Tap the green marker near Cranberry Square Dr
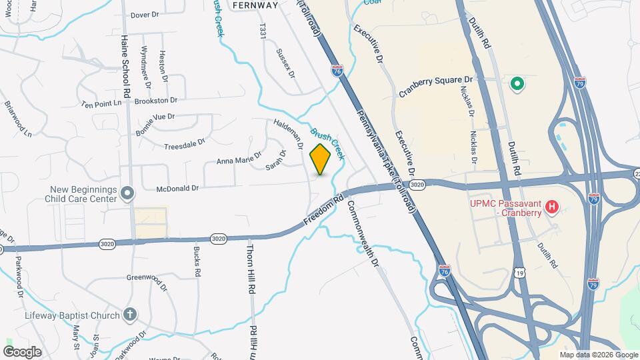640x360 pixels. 516,85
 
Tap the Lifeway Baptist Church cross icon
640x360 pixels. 130,315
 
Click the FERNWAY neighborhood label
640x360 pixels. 255,5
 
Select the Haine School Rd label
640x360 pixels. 124,63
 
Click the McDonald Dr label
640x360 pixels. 177,189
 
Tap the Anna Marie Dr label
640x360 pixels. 238,161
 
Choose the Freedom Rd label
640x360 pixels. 324,209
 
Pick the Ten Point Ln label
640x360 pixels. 102,104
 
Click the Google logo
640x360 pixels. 22,352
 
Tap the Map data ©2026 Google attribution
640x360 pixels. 599,355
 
